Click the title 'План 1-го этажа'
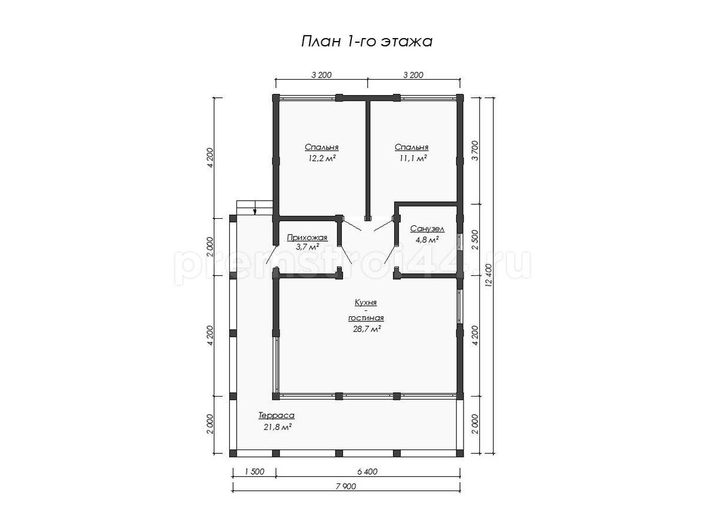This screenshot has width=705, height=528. [367, 41]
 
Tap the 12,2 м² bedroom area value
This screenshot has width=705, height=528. [322, 158]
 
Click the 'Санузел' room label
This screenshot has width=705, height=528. [427, 229]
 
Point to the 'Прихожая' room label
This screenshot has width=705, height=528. [307, 238]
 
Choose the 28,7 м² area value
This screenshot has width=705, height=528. [367, 329]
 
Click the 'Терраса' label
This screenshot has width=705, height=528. [276, 415]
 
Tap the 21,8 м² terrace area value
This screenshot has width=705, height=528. [277, 427]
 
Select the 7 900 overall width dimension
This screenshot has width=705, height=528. [345, 486]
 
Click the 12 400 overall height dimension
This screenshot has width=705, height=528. [489, 275]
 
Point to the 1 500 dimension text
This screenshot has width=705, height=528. [254, 472]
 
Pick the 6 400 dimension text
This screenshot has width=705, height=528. [367, 472]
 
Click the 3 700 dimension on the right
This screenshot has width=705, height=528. [475, 150]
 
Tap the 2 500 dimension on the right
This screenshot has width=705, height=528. [475, 239]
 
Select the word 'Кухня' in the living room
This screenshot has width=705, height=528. [366, 302]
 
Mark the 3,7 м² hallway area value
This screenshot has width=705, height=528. [307, 246]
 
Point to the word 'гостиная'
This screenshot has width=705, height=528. [366, 318]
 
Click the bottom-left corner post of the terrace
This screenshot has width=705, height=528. [233, 453]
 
